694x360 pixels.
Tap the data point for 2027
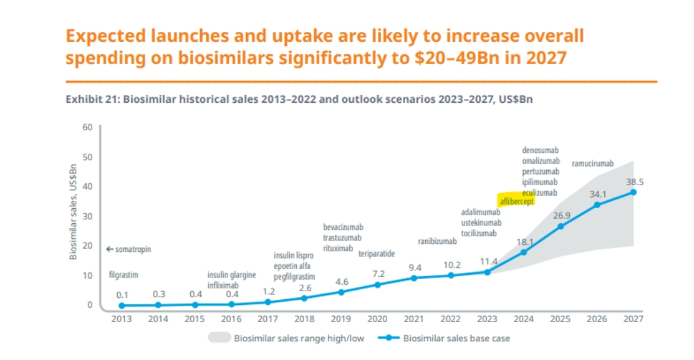633,192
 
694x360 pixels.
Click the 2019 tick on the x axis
341,319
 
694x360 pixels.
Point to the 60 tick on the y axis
88,127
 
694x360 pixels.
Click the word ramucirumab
593,163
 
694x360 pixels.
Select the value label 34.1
597,194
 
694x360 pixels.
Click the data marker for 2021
414,278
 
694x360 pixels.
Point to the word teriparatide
377,254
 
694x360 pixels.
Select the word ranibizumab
437,242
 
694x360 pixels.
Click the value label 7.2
377,273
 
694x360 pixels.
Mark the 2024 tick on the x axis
523,319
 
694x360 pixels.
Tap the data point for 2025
560,226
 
